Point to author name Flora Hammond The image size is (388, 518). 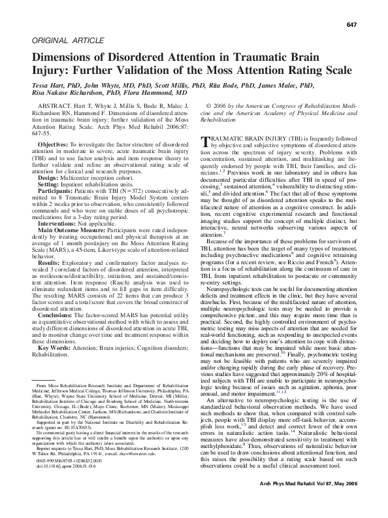click(161, 94)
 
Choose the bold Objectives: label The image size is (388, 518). click(57, 143)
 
